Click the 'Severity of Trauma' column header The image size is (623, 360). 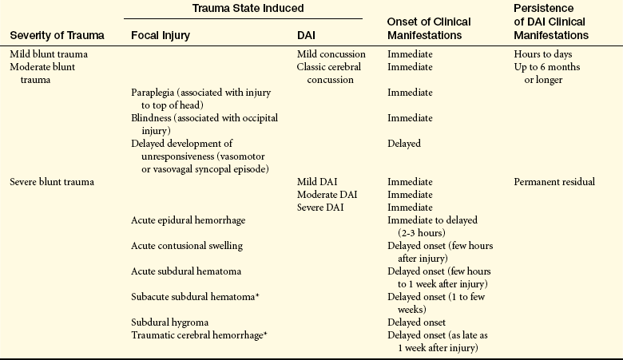[x=57, y=35]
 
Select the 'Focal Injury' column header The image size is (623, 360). [x=161, y=36]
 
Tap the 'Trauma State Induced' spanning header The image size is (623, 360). [x=248, y=8]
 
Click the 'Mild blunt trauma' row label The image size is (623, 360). [x=49, y=54]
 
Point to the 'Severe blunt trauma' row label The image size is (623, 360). [x=52, y=182]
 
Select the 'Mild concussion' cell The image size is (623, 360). [x=331, y=54]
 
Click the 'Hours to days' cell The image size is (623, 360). [x=543, y=54]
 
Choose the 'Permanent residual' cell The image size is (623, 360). [x=554, y=182]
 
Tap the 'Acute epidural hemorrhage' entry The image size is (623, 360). [x=188, y=220]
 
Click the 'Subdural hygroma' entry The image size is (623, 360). [x=169, y=322]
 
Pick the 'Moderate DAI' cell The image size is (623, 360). [x=327, y=195]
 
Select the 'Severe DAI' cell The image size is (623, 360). [x=320, y=208]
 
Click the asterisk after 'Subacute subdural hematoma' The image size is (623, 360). [x=257, y=295]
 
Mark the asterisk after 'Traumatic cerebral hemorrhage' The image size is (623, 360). [x=265, y=333]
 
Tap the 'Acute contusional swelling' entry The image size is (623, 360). [x=187, y=246]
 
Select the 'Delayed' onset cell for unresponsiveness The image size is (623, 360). [x=404, y=144]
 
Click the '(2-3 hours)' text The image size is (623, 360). [x=422, y=232]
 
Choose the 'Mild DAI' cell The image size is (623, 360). [x=317, y=182]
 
